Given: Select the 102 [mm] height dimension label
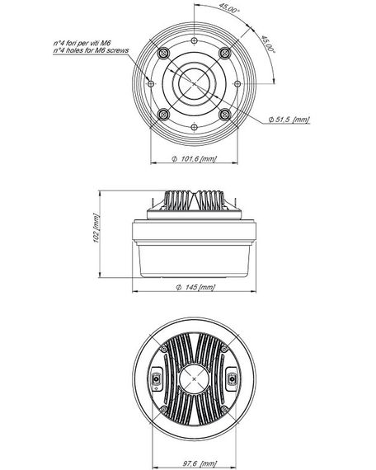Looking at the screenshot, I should [x=96, y=237].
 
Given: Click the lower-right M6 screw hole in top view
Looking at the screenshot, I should [x=224, y=113].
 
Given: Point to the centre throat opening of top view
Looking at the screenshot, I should [x=195, y=83].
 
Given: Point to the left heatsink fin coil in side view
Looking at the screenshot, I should [x=178, y=200].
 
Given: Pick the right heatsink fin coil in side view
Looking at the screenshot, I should [x=212, y=200].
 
